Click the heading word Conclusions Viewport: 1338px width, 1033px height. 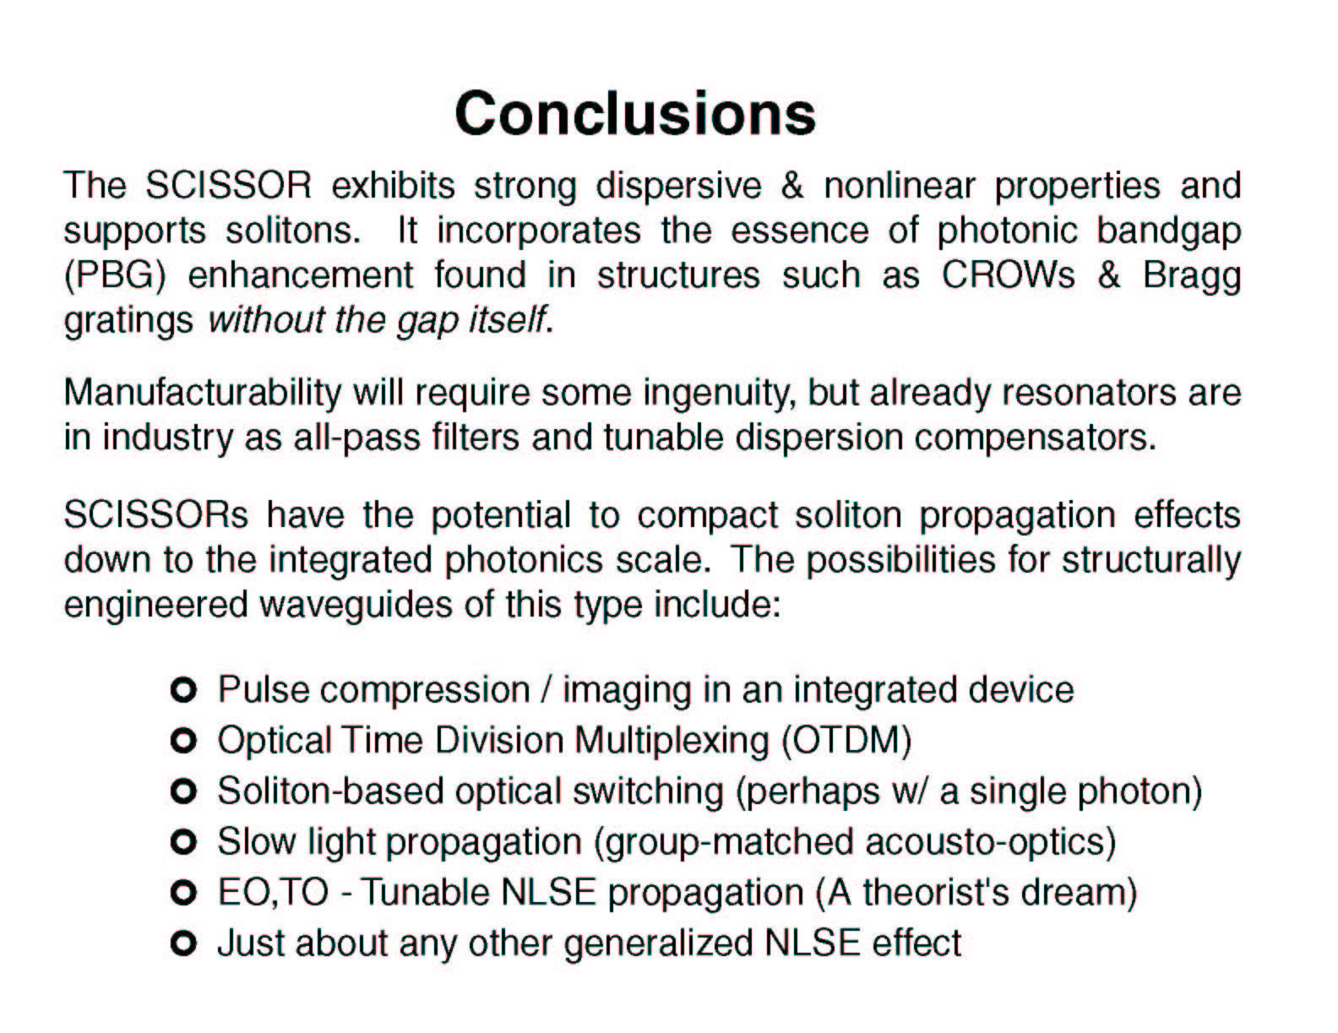(x=635, y=113)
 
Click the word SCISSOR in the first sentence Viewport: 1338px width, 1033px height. (x=228, y=185)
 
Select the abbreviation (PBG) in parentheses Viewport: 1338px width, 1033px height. (x=115, y=276)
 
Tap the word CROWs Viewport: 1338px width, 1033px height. (x=1008, y=275)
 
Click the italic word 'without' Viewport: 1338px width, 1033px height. (x=266, y=320)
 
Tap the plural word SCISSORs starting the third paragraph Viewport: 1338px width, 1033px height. (x=155, y=514)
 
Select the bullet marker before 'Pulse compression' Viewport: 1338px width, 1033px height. (x=182, y=690)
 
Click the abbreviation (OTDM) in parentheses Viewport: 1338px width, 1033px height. (x=846, y=741)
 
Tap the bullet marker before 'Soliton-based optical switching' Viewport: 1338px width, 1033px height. (x=182, y=791)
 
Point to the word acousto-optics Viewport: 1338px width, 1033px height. (x=991, y=843)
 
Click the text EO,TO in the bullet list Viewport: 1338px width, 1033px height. (x=274, y=893)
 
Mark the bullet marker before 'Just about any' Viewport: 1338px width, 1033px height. (x=182, y=943)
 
